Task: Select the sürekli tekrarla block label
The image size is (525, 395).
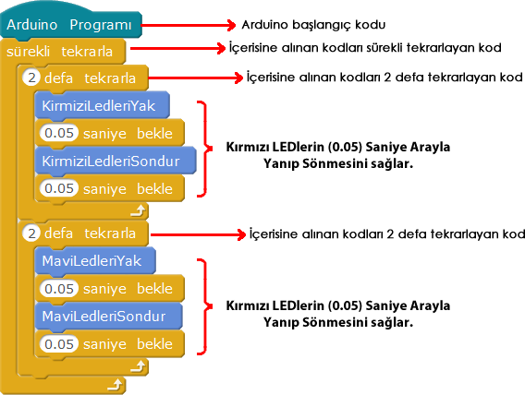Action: (x=59, y=52)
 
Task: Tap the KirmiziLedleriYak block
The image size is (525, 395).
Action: (x=102, y=105)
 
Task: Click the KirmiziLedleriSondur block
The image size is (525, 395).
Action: (x=116, y=162)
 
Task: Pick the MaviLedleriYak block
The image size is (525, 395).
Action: (x=95, y=261)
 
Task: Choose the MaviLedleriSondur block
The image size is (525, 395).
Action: (x=108, y=317)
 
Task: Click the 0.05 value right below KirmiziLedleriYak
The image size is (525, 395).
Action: (x=59, y=133)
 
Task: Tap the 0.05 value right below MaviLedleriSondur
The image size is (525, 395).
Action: (x=59, y=344)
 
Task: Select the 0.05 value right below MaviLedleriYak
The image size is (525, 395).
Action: (x=59, y=288)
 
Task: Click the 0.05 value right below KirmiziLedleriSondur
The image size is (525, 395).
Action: (x=59, y=188)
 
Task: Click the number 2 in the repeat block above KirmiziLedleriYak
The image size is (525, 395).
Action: (x=31, y=78)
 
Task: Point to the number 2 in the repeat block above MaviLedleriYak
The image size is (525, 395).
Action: (x=31, y=233)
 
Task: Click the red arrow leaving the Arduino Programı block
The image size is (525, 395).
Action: (x=189, y=25)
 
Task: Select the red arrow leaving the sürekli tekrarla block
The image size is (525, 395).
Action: (x=177, y=48)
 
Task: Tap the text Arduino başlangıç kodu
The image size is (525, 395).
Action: (x=313, y=25)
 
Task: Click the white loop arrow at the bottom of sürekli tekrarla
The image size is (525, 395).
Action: (x=116, y=385)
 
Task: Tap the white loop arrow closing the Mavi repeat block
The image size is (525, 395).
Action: (x=138, y=366)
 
